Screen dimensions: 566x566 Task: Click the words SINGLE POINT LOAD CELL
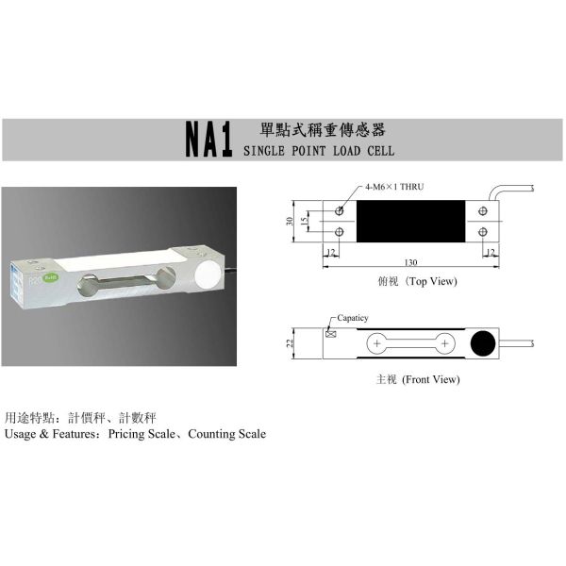coord(319,150)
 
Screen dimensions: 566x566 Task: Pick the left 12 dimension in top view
coord(331,252)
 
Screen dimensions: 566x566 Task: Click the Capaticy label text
coord(353,319)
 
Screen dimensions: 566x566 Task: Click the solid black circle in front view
coord(484,343)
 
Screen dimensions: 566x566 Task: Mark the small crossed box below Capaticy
coord(330,333)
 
